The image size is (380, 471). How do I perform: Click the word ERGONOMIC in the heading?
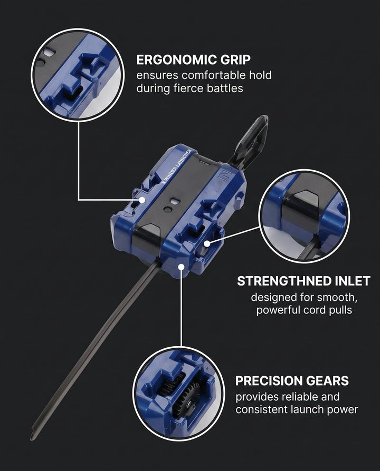[x=177, y=60]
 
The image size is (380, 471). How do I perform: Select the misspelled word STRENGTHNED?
[x=284, y=281]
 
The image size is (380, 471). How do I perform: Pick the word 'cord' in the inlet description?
[x=315, y=310]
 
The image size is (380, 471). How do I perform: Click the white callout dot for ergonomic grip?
[x=142, y=200]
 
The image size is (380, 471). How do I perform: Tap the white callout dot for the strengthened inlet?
[x=207, y=243]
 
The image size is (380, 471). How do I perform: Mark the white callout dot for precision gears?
[x=181, y=267]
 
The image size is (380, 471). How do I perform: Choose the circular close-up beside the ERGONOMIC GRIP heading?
[x=78, y=75]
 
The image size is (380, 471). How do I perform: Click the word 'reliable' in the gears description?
[x=299, y=397]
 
